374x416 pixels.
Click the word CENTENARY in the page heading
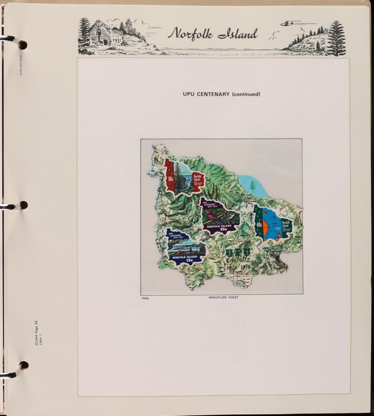pyautogui.click(x=214, y=94)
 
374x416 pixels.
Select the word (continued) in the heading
pyautogui.click(x=245, y=94)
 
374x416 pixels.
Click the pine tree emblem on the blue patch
pyautogui.click(x=252, y=185)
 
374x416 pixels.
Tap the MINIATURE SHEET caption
pyautogui.click(x=223, y=297)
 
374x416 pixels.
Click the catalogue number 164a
pyautogui.click(x=145, y=297)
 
